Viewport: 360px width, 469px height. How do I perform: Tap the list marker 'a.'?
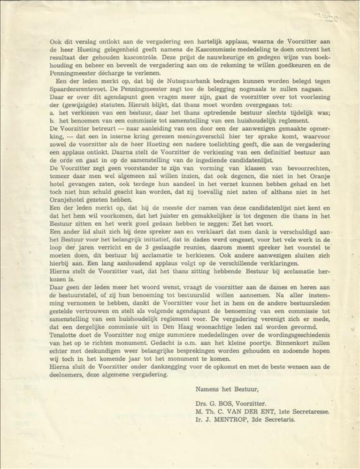pos(53,113)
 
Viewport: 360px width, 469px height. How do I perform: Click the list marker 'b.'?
pos(53,121)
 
